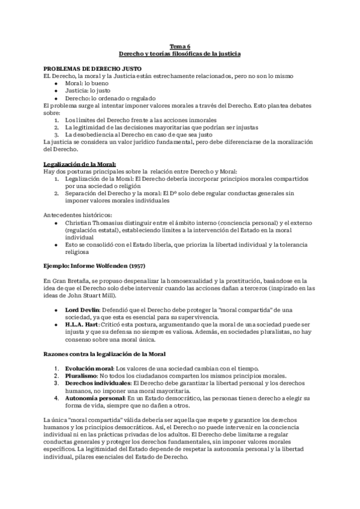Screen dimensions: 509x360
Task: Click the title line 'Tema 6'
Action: (179, 46)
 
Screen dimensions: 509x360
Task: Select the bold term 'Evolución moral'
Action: (88, 368)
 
